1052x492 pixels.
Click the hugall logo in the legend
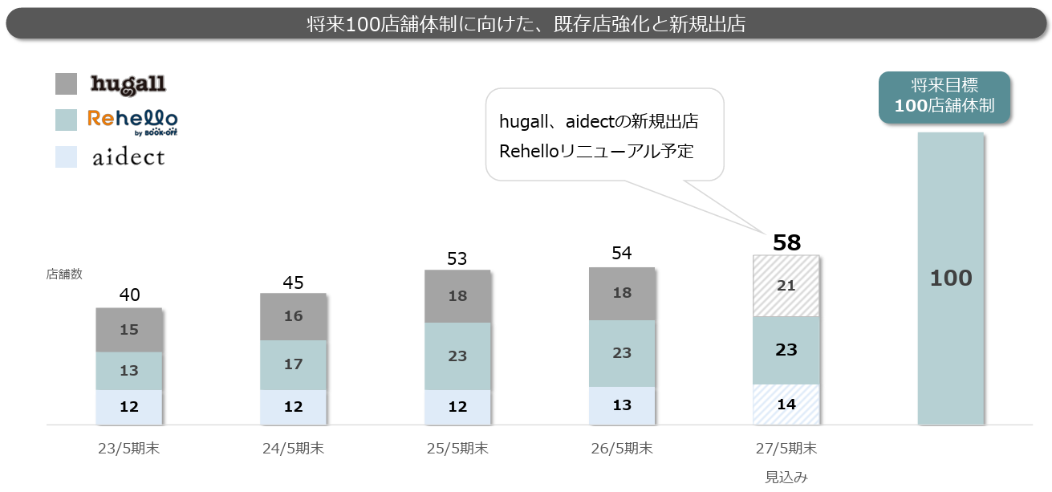[128, 84]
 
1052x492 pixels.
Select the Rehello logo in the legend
[132, 123]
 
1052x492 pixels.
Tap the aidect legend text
[128, 157]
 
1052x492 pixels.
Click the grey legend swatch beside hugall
[67, 83]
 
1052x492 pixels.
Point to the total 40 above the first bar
[129, 295]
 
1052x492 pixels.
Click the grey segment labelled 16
[293, 317]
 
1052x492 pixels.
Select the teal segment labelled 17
[293, 365]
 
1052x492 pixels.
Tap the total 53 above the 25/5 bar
[457, 258]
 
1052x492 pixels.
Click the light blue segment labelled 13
[622, 405]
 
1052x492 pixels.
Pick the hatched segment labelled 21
[786, 286]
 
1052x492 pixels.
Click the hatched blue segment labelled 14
[786, 405]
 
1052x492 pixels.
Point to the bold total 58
[786, 242]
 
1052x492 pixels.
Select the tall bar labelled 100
[951, 279]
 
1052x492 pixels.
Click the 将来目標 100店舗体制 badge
[944, 97]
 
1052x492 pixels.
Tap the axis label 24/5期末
[293, 449]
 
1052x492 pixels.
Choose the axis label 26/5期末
[622, 449]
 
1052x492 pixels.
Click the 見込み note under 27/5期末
[786, 477]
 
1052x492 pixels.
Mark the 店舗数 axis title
[64, 274]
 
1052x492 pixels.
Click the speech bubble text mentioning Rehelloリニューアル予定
[596, 152]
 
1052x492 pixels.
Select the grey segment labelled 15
[129, 330]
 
